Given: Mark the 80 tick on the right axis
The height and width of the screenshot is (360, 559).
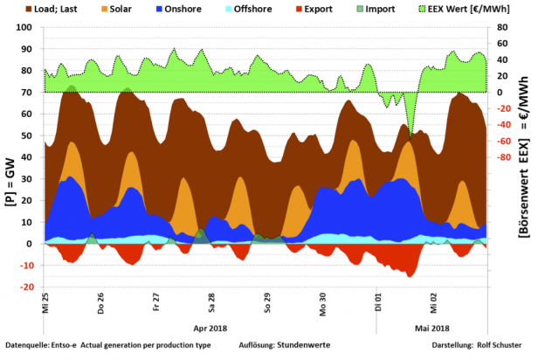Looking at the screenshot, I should [504, 27].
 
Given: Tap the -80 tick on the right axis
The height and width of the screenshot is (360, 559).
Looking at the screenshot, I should [504, 157].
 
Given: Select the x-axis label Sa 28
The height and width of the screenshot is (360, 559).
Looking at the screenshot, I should [210, 302].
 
